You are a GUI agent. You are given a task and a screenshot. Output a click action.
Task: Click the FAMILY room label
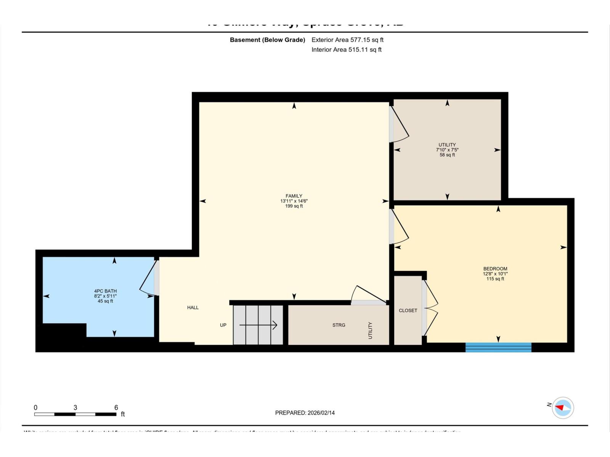pos(294,196)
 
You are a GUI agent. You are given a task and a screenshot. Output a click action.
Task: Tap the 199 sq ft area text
pos(294,206)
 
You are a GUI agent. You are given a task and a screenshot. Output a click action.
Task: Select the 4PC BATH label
pos(105,291)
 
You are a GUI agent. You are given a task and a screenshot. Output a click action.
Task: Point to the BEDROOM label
pos(495,268)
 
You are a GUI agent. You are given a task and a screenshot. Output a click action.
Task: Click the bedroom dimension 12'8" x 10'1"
pos(495,273)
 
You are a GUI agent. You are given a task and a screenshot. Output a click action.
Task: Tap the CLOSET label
pos(408,310)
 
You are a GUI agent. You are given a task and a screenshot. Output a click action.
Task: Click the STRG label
pos(339,325)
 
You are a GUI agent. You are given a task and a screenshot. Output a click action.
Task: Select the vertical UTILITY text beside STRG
pos(370,330)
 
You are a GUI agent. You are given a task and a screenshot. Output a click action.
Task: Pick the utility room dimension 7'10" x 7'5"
pos(447,150)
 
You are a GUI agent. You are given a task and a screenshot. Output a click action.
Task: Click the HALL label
pos(193,307)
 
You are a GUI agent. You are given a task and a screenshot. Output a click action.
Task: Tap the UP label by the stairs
pos(223,325)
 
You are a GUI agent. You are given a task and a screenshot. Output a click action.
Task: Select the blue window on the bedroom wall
pos(498,347)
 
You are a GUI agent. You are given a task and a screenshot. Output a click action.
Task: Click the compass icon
pos(563,408)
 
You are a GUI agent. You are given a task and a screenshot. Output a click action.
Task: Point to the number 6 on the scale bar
pos(116,407)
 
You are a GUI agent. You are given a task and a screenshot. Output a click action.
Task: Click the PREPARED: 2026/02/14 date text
pos(305,413)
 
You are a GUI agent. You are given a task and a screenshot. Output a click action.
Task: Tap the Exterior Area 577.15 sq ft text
pos(347,40)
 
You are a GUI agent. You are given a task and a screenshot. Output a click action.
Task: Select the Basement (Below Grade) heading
pos(267,40)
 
